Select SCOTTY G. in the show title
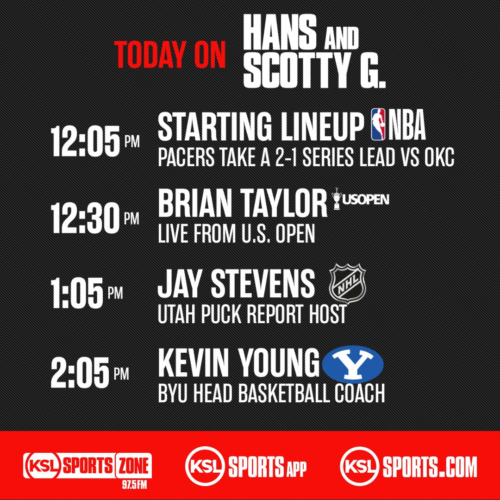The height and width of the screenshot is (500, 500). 315,72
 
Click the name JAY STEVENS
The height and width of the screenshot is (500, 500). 236,283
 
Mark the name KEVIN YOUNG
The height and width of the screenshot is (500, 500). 239,364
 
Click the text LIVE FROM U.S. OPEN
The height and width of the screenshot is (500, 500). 236,234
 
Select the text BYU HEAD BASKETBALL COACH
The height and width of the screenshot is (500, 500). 271,394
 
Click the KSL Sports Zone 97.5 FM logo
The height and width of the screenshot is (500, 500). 88,465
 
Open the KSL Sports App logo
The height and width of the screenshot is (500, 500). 246,465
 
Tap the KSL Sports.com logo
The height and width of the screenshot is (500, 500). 408,465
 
